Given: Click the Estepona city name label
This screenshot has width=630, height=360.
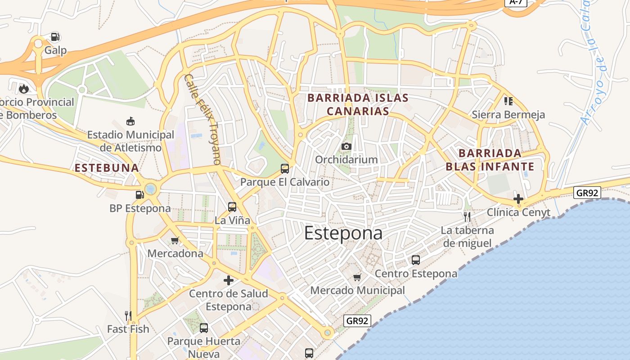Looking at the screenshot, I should click(343, 233).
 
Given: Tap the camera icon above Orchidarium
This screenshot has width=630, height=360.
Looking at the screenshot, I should click(346, 146).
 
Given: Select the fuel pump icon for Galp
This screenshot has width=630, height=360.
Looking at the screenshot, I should click(55, 37).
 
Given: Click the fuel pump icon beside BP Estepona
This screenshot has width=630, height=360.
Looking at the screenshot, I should click(140, 195).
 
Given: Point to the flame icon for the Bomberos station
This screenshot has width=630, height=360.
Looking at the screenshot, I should click(24, 89).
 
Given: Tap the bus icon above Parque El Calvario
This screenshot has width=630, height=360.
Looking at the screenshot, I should click(285, 169).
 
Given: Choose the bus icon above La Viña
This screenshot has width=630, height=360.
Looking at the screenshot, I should click(232, 207).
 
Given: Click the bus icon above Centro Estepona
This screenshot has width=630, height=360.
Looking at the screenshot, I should click(416, 260).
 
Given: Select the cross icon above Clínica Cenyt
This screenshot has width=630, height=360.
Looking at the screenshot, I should click(518, 198).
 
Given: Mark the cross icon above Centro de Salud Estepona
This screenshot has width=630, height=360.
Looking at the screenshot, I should click(229, 280).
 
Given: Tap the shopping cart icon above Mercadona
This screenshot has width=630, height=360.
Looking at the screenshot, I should click(175, 240).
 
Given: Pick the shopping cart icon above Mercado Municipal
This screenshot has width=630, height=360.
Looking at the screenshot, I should click(357, 277).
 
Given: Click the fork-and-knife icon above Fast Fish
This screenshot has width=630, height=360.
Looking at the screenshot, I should click(128, 316).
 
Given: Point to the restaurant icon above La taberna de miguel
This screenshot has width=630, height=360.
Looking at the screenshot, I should click(467, 217).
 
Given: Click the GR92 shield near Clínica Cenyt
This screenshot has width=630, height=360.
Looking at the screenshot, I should click(588, 193).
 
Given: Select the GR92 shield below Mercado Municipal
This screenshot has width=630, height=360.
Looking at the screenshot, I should click(358, 321).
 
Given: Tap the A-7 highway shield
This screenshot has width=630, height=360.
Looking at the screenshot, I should click(516, 2).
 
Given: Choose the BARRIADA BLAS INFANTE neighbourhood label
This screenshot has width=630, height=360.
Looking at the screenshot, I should click(490, 160).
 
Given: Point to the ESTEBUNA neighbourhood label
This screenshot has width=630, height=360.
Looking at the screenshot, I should click(107, 168).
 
